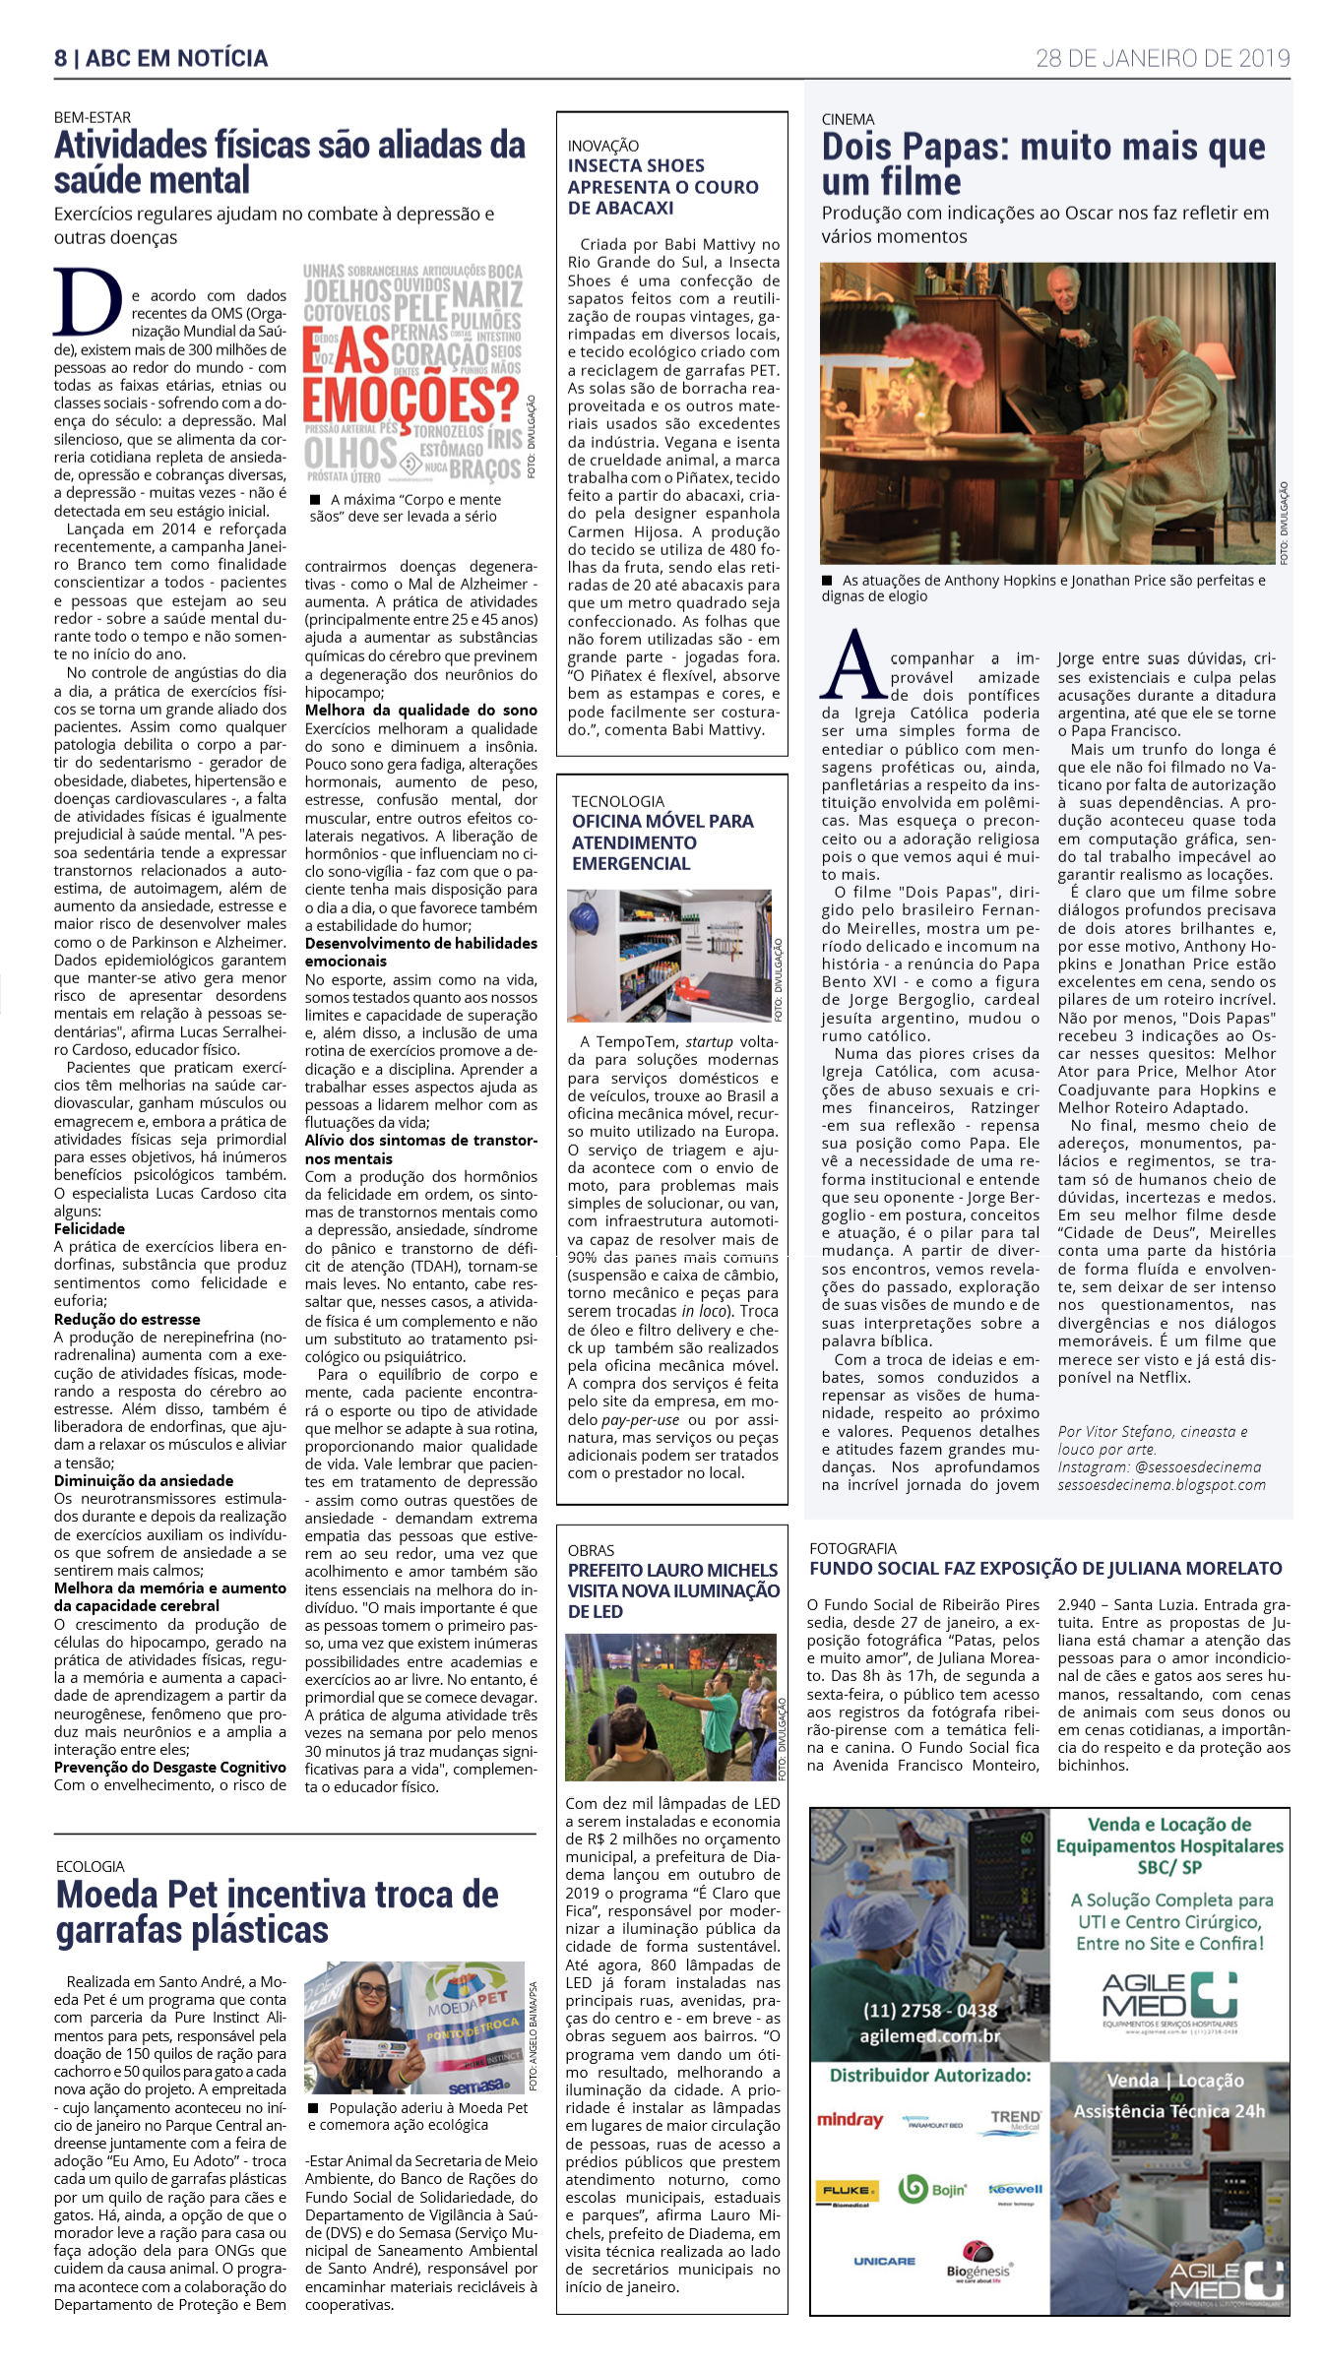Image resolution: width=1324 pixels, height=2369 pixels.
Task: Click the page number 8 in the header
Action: [x=61, y=58]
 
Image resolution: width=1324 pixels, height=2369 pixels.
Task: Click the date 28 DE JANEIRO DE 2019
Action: [x=1162, y=58]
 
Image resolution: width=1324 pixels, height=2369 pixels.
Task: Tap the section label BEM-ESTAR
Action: [x=93, y=117]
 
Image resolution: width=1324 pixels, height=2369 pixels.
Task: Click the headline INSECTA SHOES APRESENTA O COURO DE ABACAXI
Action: [x=662, y=187]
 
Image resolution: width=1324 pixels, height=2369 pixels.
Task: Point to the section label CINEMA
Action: [x=848, y=119]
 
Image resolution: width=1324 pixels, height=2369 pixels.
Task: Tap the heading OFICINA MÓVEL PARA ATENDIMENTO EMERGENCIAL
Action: [x=662, y=842]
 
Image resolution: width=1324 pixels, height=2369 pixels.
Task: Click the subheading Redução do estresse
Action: [x=127, y=1320]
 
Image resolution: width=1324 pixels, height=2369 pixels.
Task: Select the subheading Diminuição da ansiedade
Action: [x=144, y=1481]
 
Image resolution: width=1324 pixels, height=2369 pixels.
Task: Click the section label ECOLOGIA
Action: [x=91, y=1867]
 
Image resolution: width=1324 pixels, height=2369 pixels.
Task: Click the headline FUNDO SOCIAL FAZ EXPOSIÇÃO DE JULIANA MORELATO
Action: [x=1045, y=1569]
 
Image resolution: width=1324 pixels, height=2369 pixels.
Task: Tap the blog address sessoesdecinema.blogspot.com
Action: [x=1162, y=1485]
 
